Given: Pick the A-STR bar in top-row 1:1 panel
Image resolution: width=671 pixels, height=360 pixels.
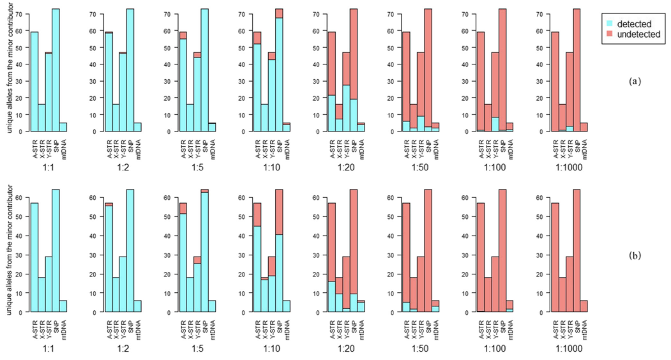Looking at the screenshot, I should (x=34, y=82).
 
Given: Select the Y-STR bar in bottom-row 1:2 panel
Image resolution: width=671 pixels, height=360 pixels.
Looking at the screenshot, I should (x=123, y=284).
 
